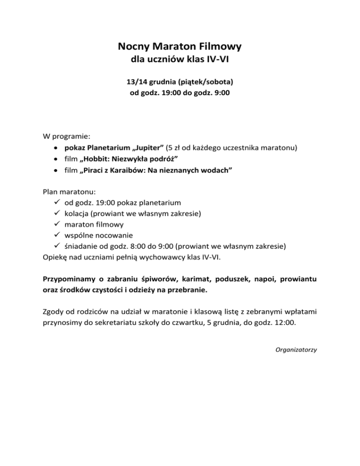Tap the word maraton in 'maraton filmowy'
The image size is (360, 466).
[x=78, y=225]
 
